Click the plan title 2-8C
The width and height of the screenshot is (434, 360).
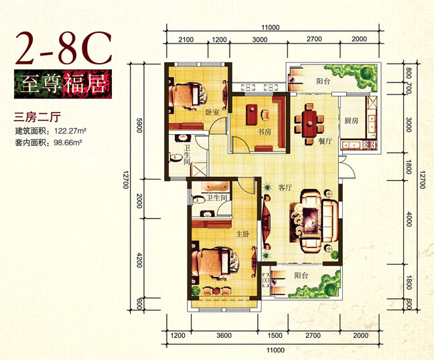click(64, 48)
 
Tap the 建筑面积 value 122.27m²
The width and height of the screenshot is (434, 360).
click(70, 130)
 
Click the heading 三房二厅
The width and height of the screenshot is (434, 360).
click(37, 117)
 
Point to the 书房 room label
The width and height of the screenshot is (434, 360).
click(265, 132)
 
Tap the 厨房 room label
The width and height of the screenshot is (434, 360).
click(352, 121)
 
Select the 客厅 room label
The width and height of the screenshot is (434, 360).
click(285, 188)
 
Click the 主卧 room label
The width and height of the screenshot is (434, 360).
click(242, 234)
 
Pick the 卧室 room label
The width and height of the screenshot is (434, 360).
click(212, 112)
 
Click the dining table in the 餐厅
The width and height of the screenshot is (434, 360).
click(309, 124)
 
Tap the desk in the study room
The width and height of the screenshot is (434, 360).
click(252, 114)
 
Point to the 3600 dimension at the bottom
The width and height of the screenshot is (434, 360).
click(224, 336)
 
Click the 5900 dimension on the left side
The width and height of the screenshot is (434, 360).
click(139, 125)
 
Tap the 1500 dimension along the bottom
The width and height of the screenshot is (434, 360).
click(275, 336)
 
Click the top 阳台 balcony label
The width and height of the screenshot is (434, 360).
click(323, 81)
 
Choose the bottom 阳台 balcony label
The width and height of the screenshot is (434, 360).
click(301, 276)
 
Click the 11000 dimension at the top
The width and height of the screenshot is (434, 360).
click(271, 27)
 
